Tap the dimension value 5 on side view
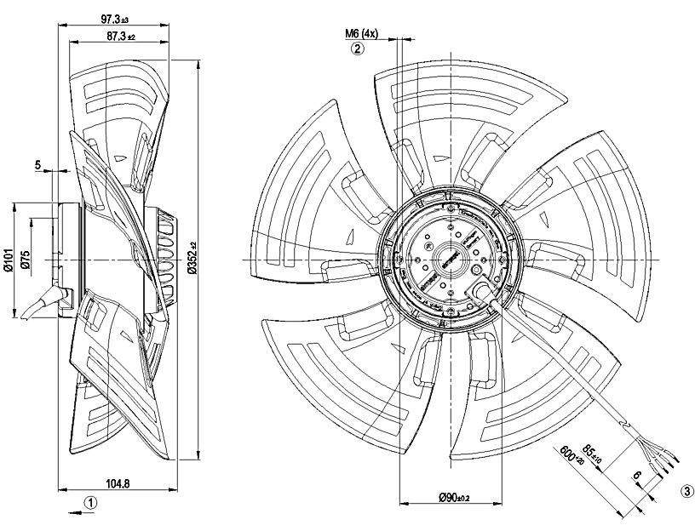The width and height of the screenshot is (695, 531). [x=38, y=165]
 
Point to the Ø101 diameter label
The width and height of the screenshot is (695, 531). [x=10, y=259]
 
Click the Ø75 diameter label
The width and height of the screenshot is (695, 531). [x=26, y=260]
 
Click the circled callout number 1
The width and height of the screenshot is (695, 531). [x=89, y=502]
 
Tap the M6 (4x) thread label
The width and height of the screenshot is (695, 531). [x=361, y=34]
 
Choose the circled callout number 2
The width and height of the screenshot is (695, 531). [x=358, y=49]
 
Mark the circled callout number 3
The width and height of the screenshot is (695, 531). [x=686, y=491]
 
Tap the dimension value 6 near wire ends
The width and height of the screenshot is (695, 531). [x=638, y=478]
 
